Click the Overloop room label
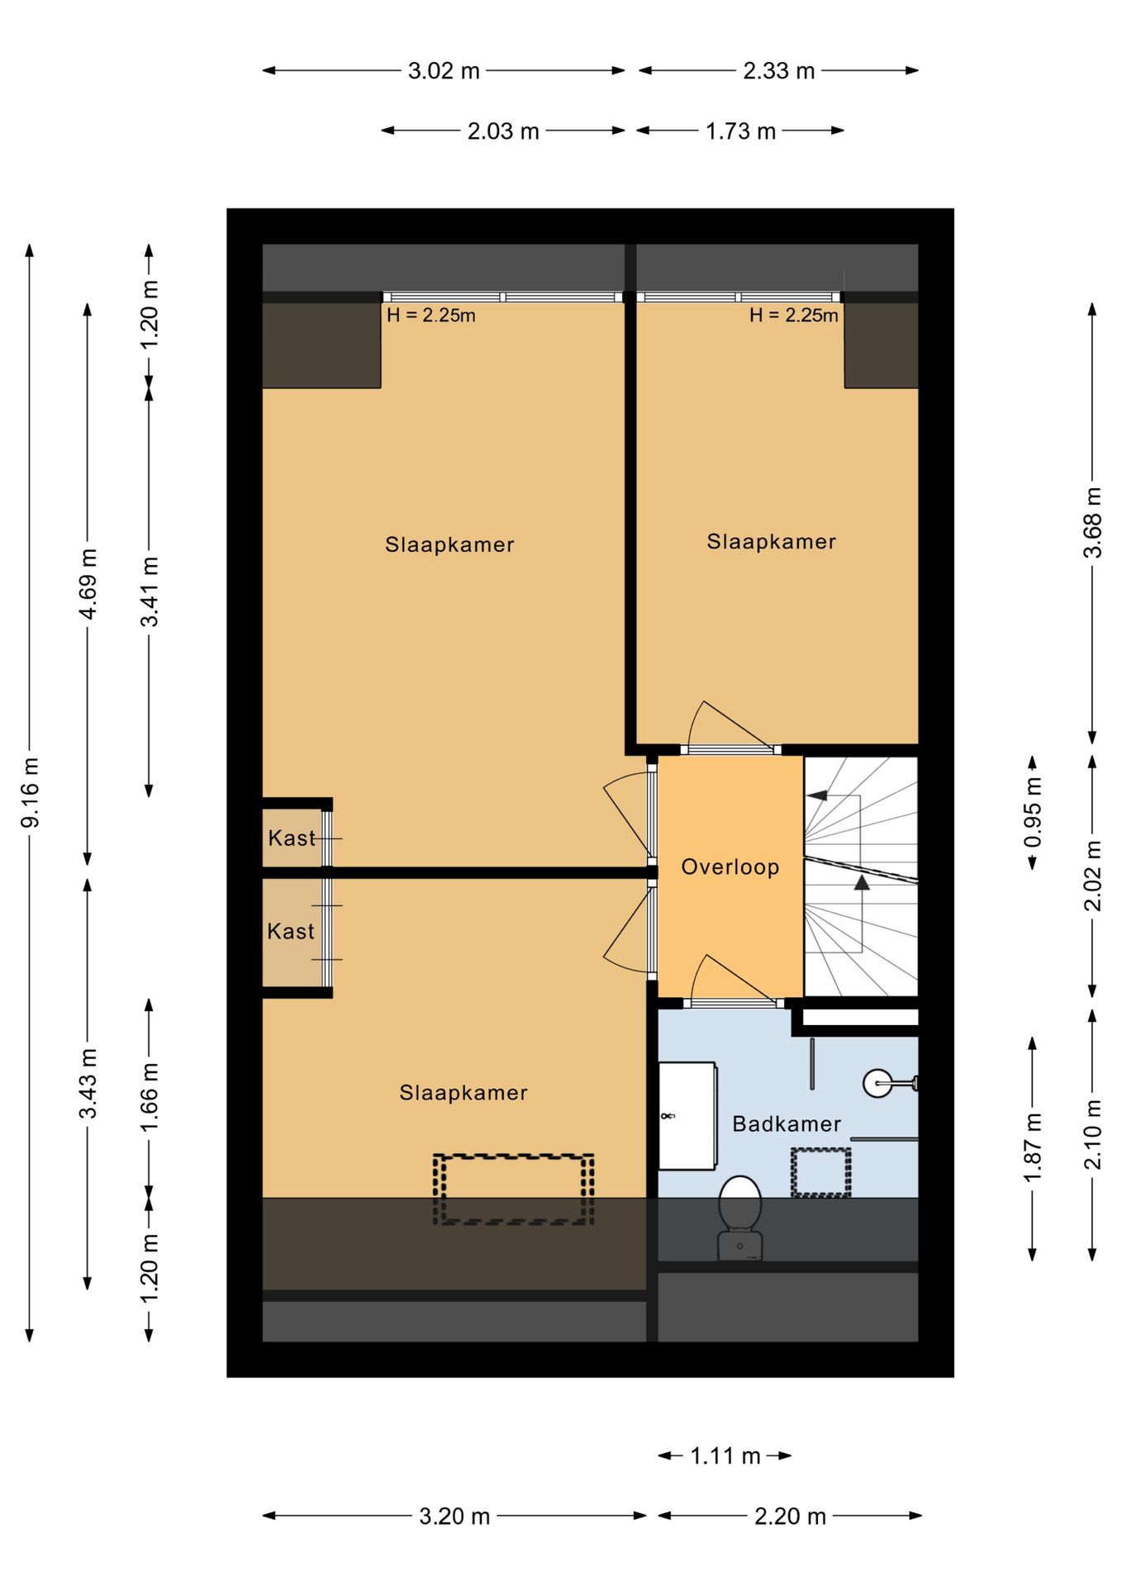[730, 867]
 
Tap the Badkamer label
[787, 1123]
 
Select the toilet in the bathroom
[740, 1218]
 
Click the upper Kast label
[292, 838]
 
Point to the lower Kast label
[291, 931]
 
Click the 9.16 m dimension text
[31, 792]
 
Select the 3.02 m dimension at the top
[444, 71]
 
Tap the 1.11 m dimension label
[725, 1455]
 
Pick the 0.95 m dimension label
[1033, 813]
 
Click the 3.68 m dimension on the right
[1092, 523]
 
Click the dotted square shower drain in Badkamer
[820, 1172]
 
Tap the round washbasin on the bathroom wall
[877, 1083]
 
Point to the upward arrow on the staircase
[862, 882]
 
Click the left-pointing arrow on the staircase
[817, 795]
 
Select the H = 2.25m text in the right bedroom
[793, 315]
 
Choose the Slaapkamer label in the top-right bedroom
[771, 541]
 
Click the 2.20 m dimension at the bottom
[790, 1517]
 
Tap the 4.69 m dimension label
[88, 583]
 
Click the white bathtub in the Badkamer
[687, 1116]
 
